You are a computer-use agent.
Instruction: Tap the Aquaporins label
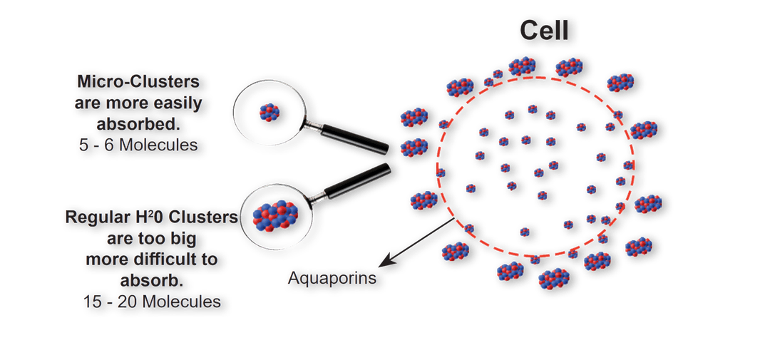332,277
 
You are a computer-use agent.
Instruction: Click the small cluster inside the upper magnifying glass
269,111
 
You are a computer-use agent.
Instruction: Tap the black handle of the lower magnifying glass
356,181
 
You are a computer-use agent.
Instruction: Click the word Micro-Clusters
140,78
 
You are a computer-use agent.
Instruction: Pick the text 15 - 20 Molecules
150,302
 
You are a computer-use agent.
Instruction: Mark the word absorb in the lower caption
150,281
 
